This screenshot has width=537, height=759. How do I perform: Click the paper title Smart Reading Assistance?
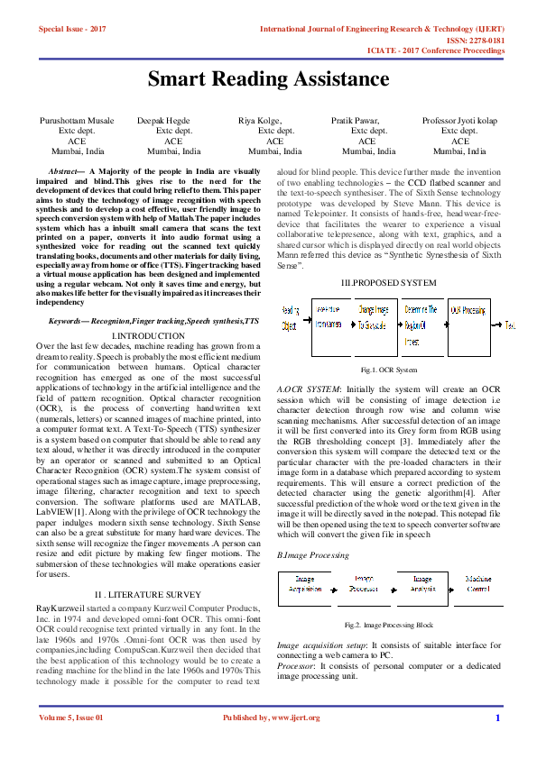(x=268, y=80)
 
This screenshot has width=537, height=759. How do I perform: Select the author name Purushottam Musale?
(x=77, y=120)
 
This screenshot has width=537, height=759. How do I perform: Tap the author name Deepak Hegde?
(x=163, y=120)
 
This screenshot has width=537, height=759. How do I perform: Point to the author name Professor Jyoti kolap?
(x=459, y=120)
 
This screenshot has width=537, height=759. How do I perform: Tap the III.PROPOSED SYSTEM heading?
(x=388, y=282)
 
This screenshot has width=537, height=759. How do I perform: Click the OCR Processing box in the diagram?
(x=469, y=325)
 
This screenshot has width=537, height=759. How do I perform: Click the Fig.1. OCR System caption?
(x=388, y=370)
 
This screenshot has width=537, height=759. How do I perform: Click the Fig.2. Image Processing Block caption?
(x=390, y=625)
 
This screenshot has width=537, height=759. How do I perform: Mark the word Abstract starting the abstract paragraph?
(x=67, y=170)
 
